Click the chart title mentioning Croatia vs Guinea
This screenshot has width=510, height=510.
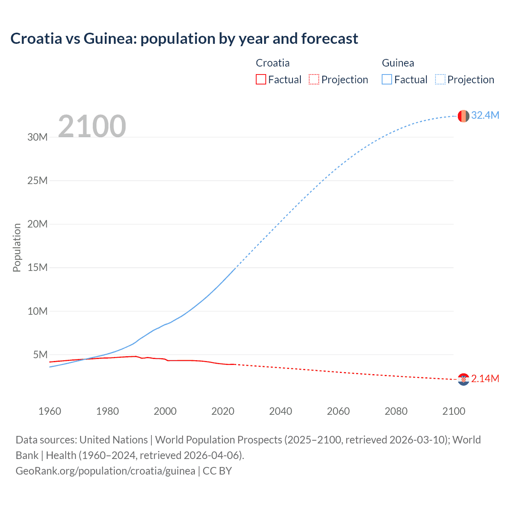[x=184, y=39]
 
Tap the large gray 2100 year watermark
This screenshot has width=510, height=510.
[x=92, y=126]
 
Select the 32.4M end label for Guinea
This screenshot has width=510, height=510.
[x=485, y=116]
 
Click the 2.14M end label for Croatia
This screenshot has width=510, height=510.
[x=485, y=379]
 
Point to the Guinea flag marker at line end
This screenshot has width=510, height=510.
[x=463, y=116]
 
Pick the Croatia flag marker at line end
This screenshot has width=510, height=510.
[x=463, y=379]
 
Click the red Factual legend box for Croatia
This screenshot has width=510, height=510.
[x=261, y=79]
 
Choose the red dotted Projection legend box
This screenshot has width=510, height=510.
[x=314, y=79]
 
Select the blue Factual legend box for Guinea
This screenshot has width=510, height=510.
[x=387, y=79]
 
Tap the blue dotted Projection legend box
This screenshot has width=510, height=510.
[x=440, y=79]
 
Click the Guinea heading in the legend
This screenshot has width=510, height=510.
[x=398, y=63]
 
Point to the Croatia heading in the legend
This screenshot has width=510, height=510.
[x=273, y=63]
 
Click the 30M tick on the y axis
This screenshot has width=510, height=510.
[x=37, y=137]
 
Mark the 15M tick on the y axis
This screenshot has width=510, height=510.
[x=37, y=268]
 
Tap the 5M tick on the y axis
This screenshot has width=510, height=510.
[x=40, y=355]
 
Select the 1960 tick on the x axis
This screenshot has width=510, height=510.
[x=50, y=411]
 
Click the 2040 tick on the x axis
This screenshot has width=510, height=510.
[x=280, y=411]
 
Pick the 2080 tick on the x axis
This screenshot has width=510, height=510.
[x=396, y=411]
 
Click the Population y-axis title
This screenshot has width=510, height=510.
[x=17, y=247]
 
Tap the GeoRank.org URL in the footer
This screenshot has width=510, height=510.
[x=106, y=471]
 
